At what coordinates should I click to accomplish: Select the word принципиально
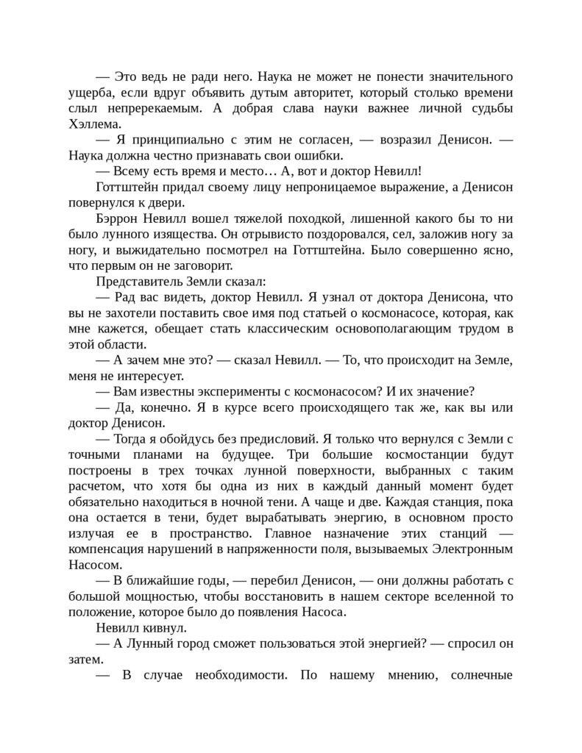(x=165, y=140)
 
